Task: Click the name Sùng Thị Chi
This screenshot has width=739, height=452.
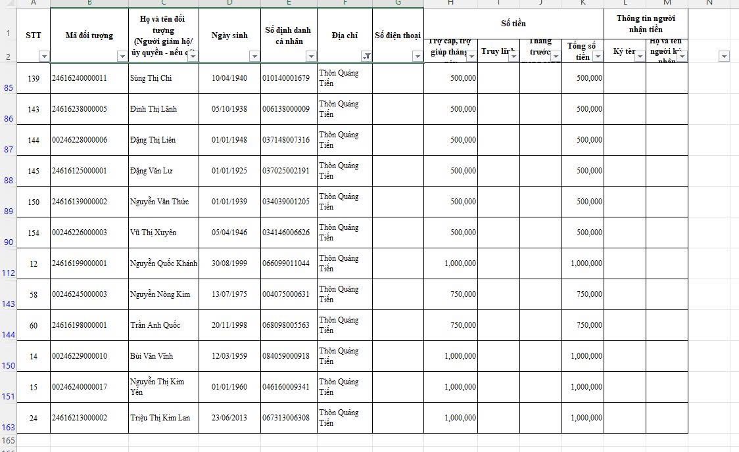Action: [x=151, y=78]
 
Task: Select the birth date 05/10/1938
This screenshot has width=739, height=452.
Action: [x=229, y=109]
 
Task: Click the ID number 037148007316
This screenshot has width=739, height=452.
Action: [x=285, y=140]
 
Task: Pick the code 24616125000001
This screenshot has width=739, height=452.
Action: [x=79, y=171]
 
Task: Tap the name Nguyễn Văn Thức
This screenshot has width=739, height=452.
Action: [x=159, y=202]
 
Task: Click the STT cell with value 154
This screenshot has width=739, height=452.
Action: [x=34, y=233]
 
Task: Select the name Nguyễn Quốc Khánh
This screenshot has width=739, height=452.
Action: [x=163, y=263]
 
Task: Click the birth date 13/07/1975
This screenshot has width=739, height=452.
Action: [x=229, y=294]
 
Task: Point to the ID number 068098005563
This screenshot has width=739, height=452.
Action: [x=285, y=325]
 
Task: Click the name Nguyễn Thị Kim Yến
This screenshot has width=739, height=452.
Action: [x=157, y=387]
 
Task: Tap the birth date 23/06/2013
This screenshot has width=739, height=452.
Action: [x=229, y=418]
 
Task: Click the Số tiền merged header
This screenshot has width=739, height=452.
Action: [x=513, y=24]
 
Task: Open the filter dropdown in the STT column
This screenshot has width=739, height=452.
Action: [x=44, y=56]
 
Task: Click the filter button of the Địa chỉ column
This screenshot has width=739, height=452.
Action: [x=366, y=56]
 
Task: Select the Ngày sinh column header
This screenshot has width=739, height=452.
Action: [x=229, y=35]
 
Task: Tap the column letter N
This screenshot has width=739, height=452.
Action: [x=709, y=3]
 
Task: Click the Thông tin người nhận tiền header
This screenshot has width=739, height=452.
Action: [x=645, y=24]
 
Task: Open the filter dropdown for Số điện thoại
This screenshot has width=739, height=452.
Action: [x=417, y=56]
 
